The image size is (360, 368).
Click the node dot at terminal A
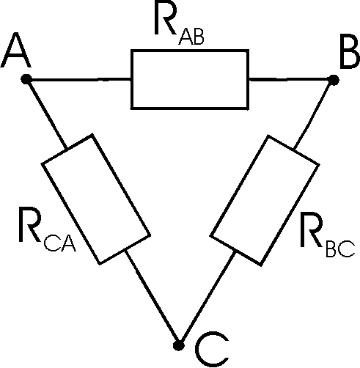[26, 79]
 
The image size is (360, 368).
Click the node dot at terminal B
[334, 80]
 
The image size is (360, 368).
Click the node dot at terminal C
[179, 345]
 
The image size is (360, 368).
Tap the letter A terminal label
[16, 50]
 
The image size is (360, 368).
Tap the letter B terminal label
[350, 51]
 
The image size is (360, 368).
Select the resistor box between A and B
[190, 79]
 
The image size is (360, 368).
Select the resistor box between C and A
[96, 199]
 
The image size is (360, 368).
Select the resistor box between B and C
[265, 200]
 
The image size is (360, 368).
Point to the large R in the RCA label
[29, 224]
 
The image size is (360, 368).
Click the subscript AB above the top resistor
[191, 37]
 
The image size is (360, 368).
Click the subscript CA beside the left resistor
[59, 243]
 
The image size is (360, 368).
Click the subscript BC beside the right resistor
[340, 249]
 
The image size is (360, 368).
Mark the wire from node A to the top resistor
[78, 79]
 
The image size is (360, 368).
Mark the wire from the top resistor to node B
[291, 80]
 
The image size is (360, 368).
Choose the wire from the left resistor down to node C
[152, 298]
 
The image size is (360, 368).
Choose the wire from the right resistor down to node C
[207, 298]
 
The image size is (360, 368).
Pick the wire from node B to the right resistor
[313, 114]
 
